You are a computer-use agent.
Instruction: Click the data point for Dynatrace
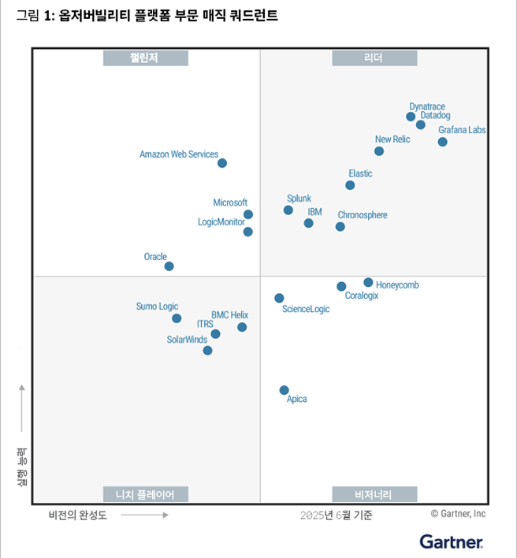pos(411,117)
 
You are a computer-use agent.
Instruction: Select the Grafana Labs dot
pos(442,142)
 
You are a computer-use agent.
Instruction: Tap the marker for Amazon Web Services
pos(222,163)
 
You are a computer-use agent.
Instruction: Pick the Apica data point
pos(284,390)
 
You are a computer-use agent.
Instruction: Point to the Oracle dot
pos(169,266)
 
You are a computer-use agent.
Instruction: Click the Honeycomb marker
pos(368,282)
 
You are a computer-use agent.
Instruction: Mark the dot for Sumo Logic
pos(177,318)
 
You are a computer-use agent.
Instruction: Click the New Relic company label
pos(392,139)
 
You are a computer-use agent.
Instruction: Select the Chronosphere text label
pos(363,215)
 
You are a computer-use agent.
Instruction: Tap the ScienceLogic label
pos(306,309)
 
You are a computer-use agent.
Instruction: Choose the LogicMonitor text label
pos(221,222)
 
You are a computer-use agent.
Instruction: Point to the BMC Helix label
pos(229,315)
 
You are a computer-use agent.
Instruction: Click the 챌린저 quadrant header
pos(146,58)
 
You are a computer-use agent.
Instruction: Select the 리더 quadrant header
pos(374,58)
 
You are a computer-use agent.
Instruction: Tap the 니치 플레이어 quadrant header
pos(146,494)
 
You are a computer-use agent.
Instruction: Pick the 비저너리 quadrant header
pos(374,494)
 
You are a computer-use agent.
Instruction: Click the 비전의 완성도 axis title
pos(77,515)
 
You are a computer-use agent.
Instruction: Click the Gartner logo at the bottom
pos(452,541)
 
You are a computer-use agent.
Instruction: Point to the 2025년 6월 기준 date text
pos(337,515)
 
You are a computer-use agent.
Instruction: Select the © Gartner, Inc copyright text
pos(458,514)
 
